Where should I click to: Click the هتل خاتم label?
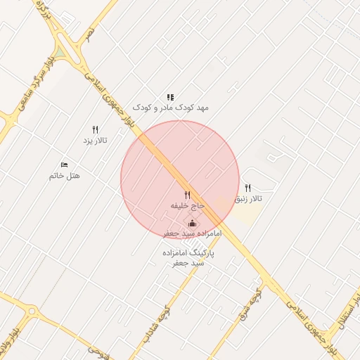(x=64, y=175)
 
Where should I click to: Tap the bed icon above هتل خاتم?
(x=65, y=165)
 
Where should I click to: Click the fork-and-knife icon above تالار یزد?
(x=95, y=129)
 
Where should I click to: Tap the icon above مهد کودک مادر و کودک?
(x=169, y=97)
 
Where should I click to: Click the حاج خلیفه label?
(x=187, y=205)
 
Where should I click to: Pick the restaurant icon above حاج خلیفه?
(x=187, y=195)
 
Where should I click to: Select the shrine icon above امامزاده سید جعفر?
(x=192, y=223)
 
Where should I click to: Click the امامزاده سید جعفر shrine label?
(x=192, y=233)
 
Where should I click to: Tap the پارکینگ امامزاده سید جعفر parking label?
(x=188, y=257)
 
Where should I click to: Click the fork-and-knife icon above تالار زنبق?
(x=247, y=188)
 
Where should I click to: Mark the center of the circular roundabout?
(x=31, y=311)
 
